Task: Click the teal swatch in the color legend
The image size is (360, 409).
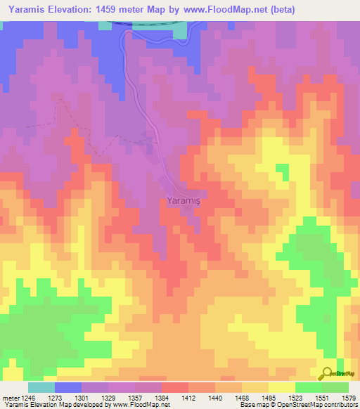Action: (41, 387)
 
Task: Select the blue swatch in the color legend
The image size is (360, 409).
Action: (68, 387)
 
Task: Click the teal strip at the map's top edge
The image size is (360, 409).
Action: (179, 30)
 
